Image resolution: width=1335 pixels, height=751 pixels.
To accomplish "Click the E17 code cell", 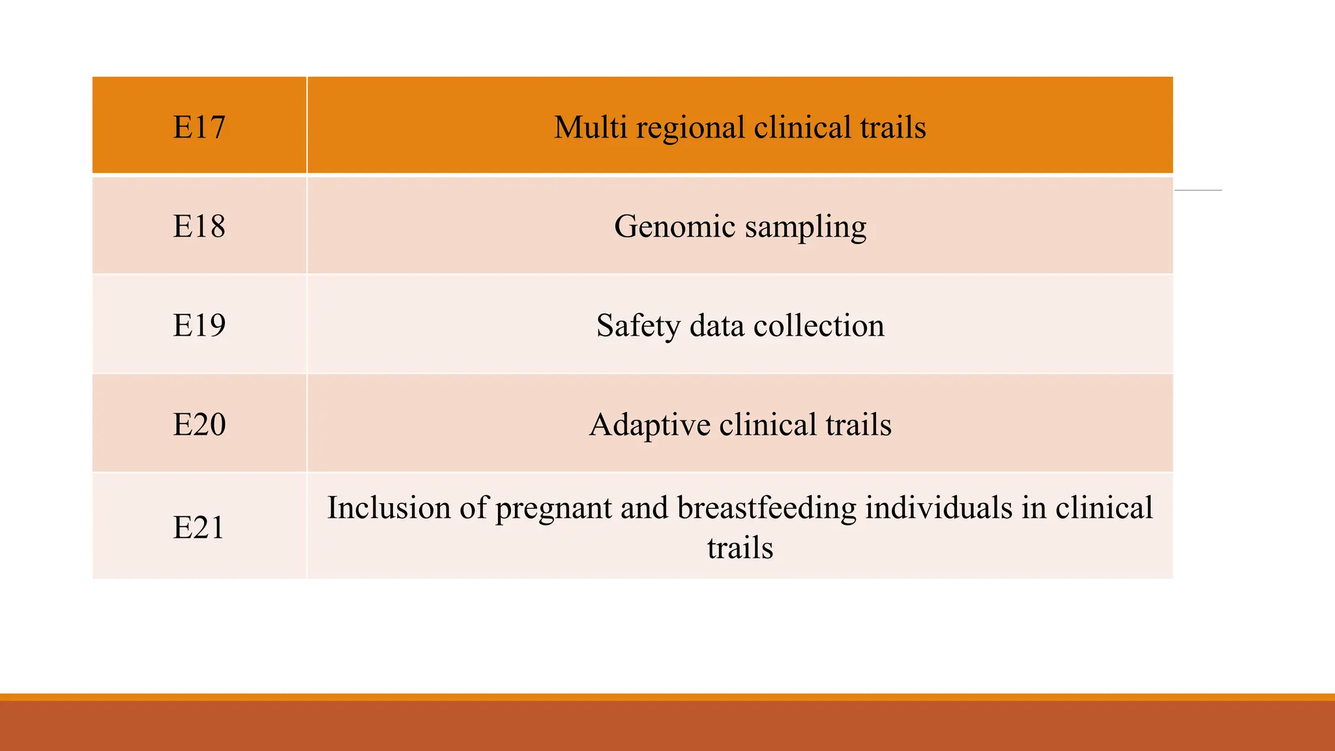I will coord(199,127).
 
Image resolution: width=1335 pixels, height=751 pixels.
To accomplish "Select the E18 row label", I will coord(199,226).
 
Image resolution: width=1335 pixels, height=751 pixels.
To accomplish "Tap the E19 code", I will coord(199,325).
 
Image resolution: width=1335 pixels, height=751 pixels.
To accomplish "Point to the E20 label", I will coord(199,424).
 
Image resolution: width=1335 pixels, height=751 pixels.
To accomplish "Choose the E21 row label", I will coord(198,527).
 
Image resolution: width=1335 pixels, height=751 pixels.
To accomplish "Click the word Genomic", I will coord(675,227).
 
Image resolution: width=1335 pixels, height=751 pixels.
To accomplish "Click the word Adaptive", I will coord(649,425).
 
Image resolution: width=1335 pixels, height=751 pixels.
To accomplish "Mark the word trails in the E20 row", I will coord(858,424).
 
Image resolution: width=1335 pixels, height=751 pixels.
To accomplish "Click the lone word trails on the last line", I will coord(740,548).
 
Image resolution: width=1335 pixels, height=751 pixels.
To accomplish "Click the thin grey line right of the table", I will coord(1198,190).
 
